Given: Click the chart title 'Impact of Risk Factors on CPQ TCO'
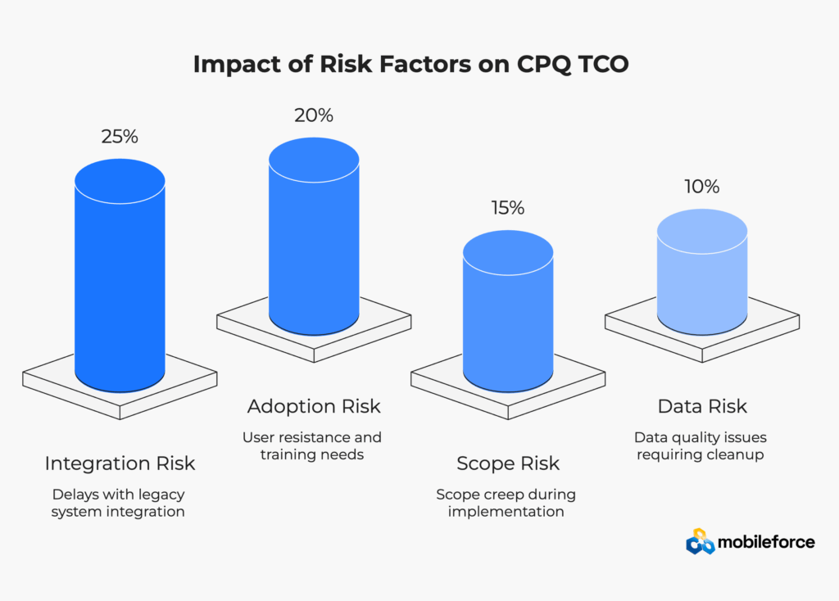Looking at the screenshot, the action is [x=410, y=64].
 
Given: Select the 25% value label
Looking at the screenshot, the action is [x=120, y=137].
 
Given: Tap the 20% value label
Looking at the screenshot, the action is [x=314, y=115].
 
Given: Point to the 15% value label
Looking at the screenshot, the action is [x=508, y=208].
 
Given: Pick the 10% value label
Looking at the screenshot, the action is [x=702, y=187].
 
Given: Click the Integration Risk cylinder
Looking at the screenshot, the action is [x=120, y=275].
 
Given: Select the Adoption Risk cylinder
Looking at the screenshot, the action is [x=314, y=237].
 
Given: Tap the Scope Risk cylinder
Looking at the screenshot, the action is [x=508, y=311].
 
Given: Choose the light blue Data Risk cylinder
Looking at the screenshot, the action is [x=702, y=272].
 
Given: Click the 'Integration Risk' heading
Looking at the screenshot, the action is [x=120, y=463].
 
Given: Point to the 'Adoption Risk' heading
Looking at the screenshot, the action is [x=314, y=406].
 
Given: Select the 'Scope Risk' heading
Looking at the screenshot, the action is [x=508, y=463].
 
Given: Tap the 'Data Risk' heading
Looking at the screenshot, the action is [x=702, y=406].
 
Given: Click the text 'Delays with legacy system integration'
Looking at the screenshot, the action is [x=118, y=503].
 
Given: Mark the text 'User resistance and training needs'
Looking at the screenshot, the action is [x=312, y=446].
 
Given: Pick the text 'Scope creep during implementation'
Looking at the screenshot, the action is [x=506, y=503].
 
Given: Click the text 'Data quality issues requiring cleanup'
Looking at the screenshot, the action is [x=701, y=446].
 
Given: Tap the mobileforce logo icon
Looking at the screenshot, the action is [x=700, y=542].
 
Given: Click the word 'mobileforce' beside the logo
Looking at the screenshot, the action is [x=766, y=542].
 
